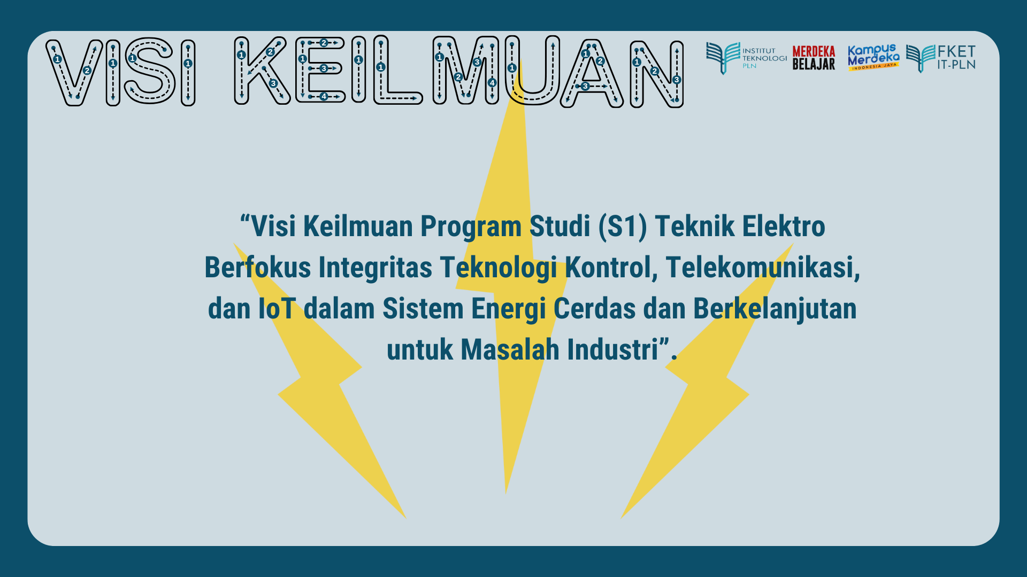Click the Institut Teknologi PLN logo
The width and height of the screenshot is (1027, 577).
pyautogui.click(x=746, y=58)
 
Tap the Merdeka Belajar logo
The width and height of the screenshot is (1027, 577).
pyautogui.click(x=814, y=58)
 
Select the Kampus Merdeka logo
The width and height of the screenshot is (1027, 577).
pyautogui.click(x=873, y=57)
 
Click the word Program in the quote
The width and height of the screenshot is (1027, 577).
pyautogui.click(x=470, y=227)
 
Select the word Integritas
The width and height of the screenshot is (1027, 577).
pyautogui.click(x=375, y=267)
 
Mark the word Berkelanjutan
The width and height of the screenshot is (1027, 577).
pyautogui.click(x=775, y=309)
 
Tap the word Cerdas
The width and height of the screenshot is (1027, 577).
pyautogui.click(x=594, y=308)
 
